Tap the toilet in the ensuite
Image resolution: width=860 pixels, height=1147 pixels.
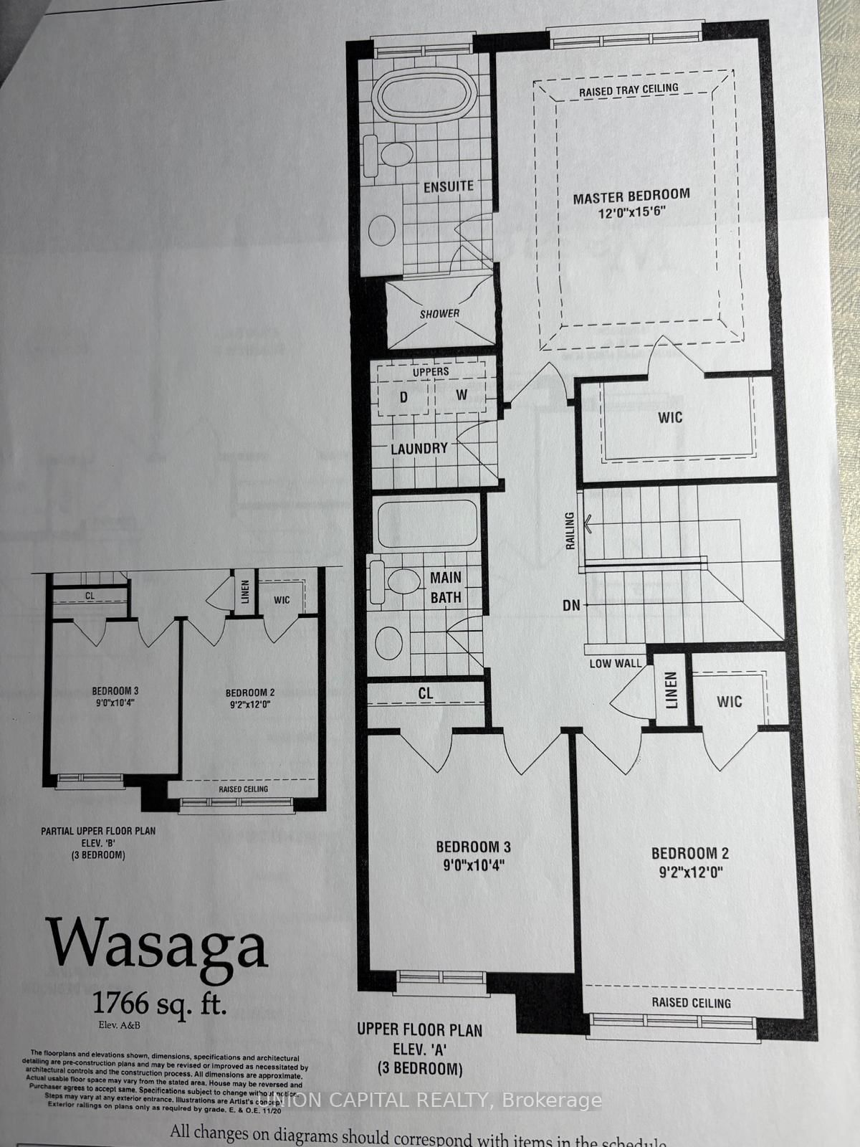tap(390, 154)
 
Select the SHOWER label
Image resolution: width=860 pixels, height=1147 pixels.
tap(439, 313)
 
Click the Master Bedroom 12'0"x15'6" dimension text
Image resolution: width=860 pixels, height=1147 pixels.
tap(631, 214)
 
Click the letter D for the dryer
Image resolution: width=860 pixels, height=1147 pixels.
tap(403, 397)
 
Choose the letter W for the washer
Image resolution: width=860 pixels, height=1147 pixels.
tap(462, 396)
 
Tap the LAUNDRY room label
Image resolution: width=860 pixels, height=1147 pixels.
tap(419, 449)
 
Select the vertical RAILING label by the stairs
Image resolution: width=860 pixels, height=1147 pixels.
tap(570, 530)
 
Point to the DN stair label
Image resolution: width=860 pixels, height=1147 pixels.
tap(571, 605)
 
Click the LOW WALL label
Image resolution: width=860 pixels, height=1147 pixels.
tap(616, 663)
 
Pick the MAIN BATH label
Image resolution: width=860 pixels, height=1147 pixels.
tap(446, 587)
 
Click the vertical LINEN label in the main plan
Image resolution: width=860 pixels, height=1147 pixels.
tap(671, 690)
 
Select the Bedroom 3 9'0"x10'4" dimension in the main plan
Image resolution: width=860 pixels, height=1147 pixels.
tap(473, 865)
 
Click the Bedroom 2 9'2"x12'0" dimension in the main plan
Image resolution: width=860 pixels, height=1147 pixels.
tap(689, 872)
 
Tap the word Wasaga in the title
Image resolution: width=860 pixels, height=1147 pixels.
tap(158, 943)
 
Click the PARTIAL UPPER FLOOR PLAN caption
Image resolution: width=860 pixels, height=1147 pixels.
tap(98, 831)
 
